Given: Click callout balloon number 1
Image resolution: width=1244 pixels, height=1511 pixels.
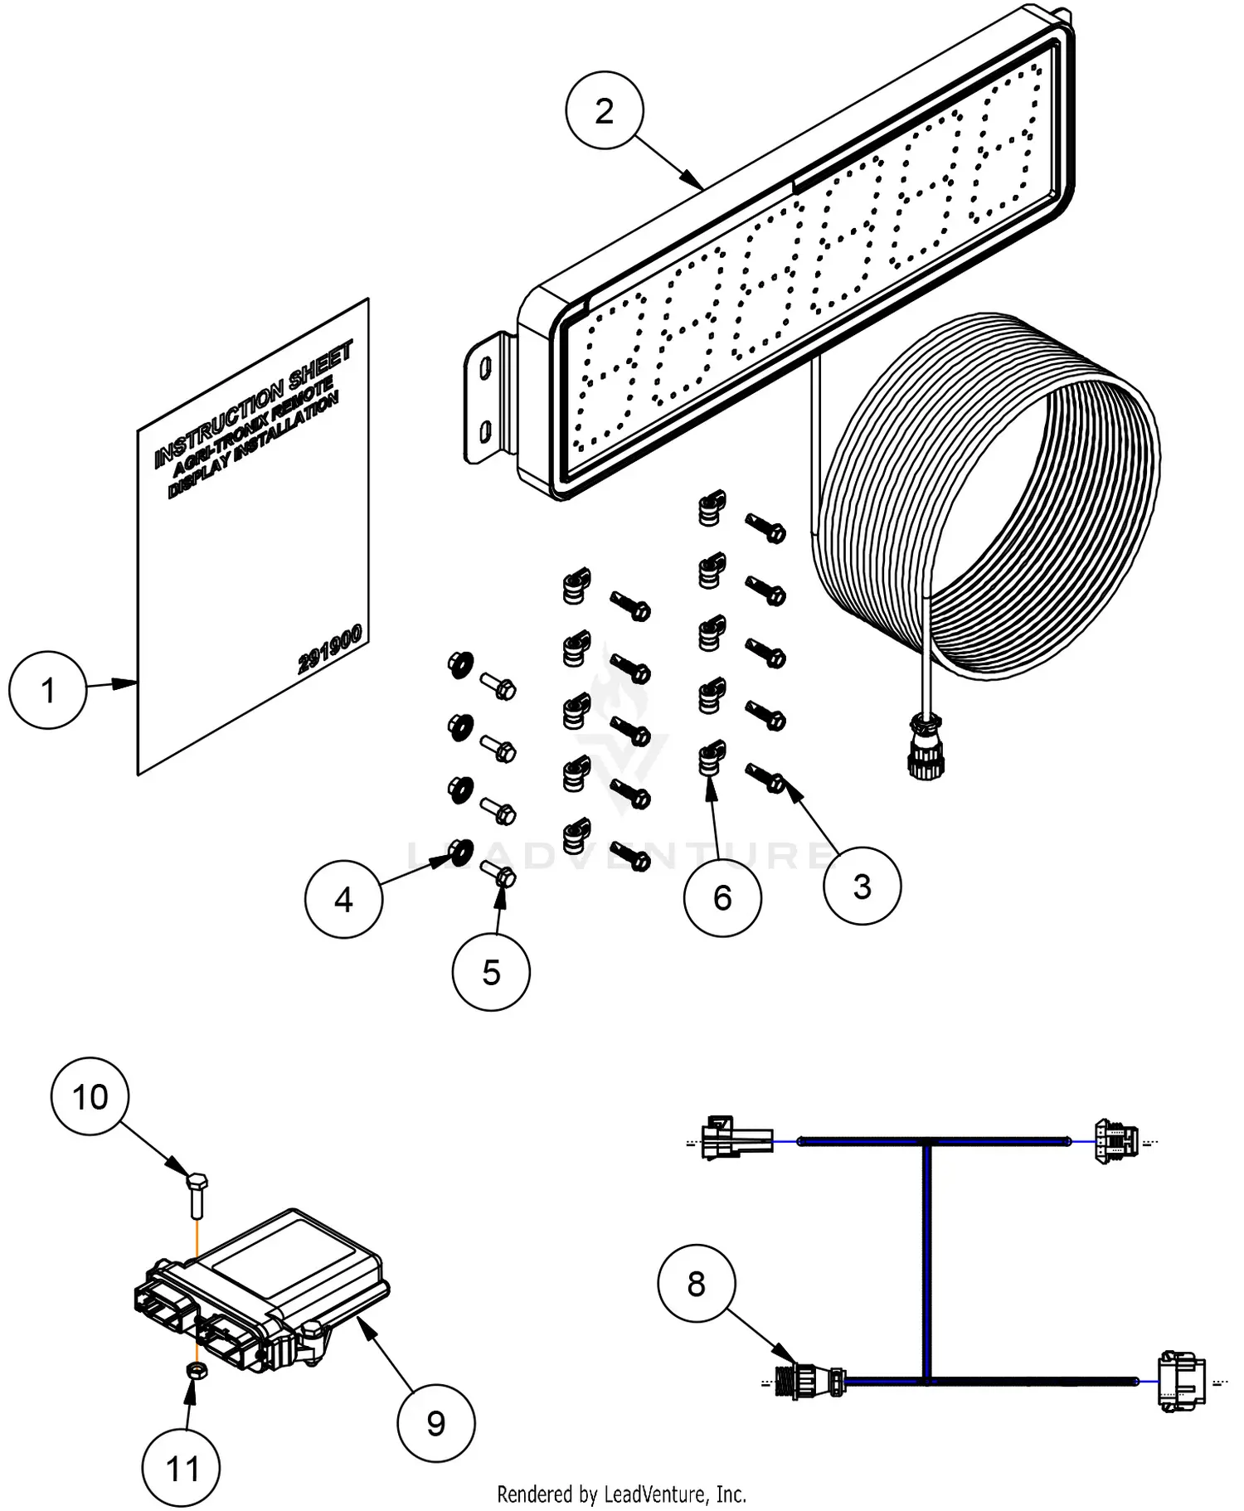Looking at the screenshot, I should (48, 690).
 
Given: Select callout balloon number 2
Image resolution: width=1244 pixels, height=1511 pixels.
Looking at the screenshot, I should (605, 110).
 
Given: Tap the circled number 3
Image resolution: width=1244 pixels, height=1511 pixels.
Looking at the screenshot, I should (862, 886).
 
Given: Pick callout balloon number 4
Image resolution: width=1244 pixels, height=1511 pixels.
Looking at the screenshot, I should (343, 899).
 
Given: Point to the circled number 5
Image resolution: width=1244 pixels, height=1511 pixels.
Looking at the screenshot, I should (491, 972).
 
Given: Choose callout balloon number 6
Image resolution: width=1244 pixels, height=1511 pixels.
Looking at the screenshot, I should (722, 897).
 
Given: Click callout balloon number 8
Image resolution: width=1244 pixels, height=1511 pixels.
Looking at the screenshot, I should (696, 1284).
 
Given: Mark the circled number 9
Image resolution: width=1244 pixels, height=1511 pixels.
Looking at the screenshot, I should (436, 1423).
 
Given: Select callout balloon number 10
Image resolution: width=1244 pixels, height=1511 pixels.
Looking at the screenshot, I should (90, 1096).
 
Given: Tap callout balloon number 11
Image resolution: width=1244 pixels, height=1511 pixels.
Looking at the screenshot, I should (183, 1469).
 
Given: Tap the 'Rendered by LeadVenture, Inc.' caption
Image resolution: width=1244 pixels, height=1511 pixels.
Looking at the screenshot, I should (621, 1494).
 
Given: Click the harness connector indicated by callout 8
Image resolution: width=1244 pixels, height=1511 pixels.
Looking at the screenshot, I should (811, 1381).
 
